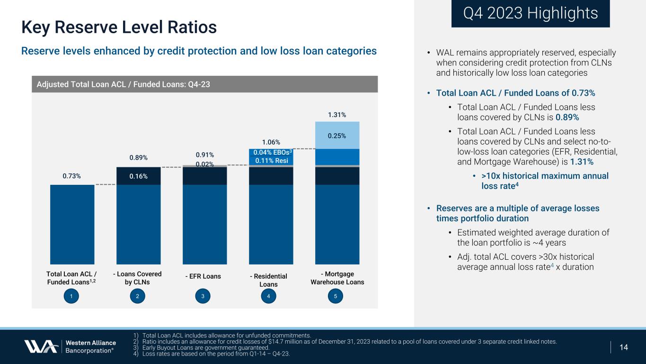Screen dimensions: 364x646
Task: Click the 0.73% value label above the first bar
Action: click(x=72, y=176)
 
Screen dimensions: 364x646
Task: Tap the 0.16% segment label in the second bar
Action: click(x=138, y=176)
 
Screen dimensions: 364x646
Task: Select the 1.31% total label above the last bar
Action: click(x=337, y=115)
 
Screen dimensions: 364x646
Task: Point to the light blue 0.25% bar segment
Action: click(x=337, y=136)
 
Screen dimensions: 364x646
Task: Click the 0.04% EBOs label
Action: click(x=271, y=153)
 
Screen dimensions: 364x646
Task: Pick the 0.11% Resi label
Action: click(x=271, y=161)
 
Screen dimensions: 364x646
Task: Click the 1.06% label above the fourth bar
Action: click(x=271, y=142)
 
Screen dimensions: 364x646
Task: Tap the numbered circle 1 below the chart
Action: click(x=71, y=296)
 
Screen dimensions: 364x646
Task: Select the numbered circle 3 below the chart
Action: click(x=203, y=296)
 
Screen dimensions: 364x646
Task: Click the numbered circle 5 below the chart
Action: click(x=335, y=296)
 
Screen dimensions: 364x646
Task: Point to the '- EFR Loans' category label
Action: click(x=204, y=276)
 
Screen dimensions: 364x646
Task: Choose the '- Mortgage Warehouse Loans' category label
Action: click(x=337, y=278)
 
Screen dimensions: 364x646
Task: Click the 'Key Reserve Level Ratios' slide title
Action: click(x=119, y=27)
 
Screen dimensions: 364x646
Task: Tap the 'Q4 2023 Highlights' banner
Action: click(x=530, y=13)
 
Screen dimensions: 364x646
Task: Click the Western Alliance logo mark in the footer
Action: click(x=41, y=346)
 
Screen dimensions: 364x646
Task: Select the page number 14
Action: click(x=623, y=347)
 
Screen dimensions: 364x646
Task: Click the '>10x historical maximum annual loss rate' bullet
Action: click(x=544, y=181)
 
